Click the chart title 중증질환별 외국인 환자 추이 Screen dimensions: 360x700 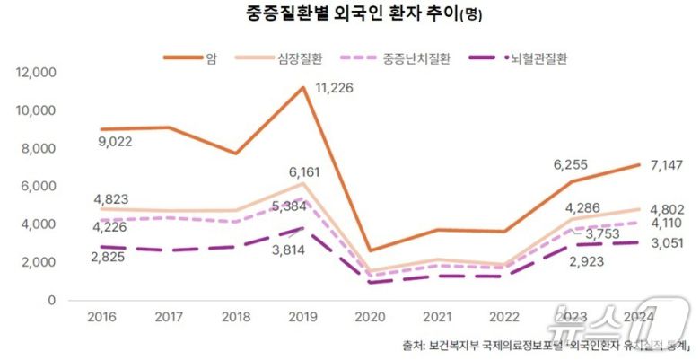(x=350, y=15)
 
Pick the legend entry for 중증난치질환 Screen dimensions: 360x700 (x=416, y=58)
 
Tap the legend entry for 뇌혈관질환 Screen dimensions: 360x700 (x=537, y=58)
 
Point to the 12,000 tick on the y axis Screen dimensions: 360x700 (x=37, y=73)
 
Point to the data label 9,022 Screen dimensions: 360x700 (x=117, y=141)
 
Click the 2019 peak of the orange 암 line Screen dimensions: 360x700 (x=304, y=87)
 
